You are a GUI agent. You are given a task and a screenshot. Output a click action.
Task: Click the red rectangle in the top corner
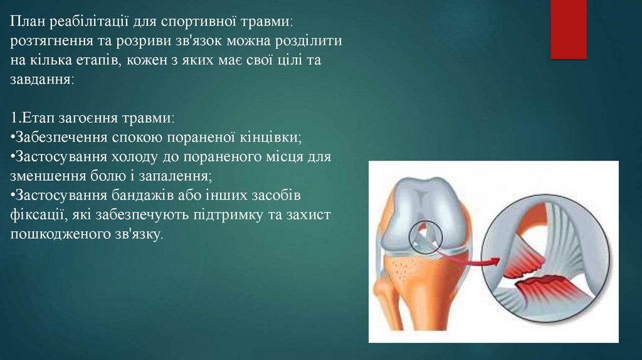568,29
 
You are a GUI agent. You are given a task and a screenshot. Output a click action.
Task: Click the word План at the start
28,21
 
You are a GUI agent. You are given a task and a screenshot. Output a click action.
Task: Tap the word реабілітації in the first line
90,22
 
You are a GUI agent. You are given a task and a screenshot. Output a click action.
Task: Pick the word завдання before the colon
40,80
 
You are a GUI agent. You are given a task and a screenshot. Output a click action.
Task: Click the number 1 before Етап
14,119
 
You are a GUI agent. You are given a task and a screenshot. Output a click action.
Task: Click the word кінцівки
270,138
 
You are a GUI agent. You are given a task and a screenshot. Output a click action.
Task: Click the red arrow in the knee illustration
471,260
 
